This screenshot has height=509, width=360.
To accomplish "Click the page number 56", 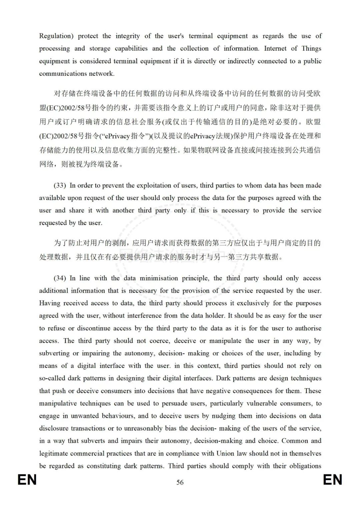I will tap(180, 482).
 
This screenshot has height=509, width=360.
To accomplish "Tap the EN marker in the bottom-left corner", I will tap(27, 480).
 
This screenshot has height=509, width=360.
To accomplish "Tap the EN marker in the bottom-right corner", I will tap(332, 480).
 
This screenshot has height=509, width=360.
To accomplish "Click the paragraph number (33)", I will tap(60, 185).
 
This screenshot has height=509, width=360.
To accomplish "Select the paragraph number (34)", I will tap(60, 278).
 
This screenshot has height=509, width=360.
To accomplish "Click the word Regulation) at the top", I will tap(56, 36).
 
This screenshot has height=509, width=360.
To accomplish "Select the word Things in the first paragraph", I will tap(311, 48).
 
